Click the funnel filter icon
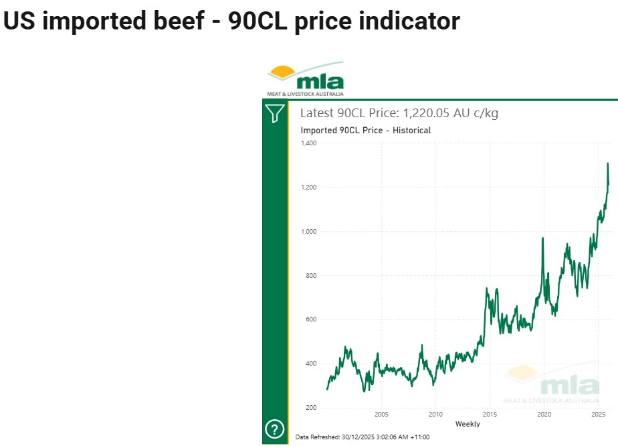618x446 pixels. (x=274, y=113)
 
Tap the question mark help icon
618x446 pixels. (x=274, y=429)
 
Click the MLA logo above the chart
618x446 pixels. (x=306, y=79)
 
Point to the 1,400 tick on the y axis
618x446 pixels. (x=308, y=143)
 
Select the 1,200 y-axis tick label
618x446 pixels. (x=308, y=188)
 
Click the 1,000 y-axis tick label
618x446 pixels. (x=308, y=232)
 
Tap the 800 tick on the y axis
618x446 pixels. (x=310, y=276)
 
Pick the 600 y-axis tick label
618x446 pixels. (x=310, y=319)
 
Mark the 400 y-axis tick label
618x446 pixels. (x=310, y=364)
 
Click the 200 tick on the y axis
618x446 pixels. (x=310, y=408)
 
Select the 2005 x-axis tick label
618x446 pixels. (x=381, y=415)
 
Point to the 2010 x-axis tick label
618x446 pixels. (x=435, y=415)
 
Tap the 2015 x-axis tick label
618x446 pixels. (x=490, y=415)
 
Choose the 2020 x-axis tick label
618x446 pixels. (x=544, y=415)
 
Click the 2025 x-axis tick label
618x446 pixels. (x=599, y=415)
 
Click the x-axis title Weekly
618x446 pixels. (x=468, y=424)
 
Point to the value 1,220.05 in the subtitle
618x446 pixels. (x=423, y=113)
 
